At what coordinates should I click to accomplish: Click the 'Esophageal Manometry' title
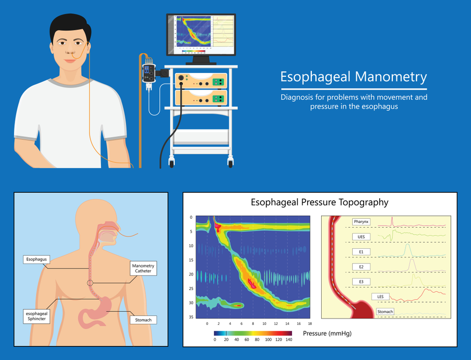(354, 77)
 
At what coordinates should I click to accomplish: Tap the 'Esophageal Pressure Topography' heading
(319, 203)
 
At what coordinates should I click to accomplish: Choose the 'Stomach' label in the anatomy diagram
(143, 320)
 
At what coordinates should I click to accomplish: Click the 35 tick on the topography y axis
(191, 318)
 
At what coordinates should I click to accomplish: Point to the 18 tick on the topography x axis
(310, 324)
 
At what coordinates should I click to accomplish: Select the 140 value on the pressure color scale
(289, 339)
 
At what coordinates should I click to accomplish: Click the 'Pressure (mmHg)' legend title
(327, 333)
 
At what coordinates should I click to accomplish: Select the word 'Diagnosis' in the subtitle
(297, 98)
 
